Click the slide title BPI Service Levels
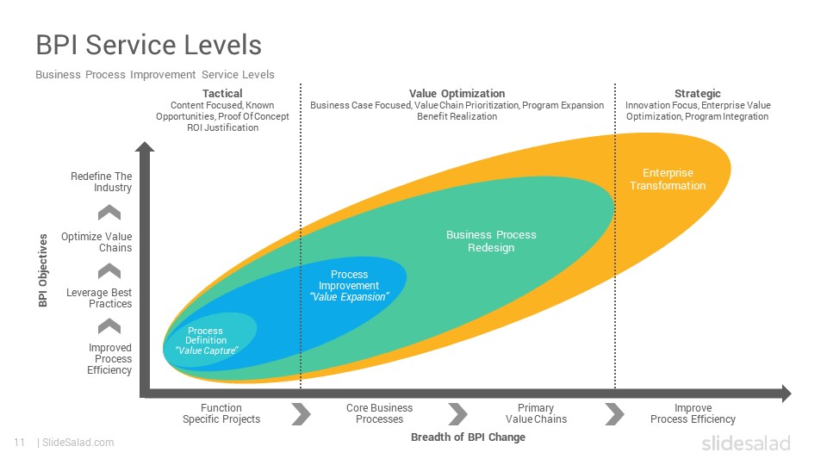[x=149, y=45]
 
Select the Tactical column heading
[x=222, y=93]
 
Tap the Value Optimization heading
[x=457, y=93]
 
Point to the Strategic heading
[x=697, y=93]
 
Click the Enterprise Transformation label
[x=667, y=179]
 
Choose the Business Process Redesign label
[x=491, y=241]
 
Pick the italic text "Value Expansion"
[x=349, y=297]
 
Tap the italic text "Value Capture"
[x=206, y=350]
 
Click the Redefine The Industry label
[x=102, y=182]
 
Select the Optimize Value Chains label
[x=96, y=242]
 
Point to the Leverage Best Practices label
[x=99, y=298]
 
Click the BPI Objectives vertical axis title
[x=43, y=270]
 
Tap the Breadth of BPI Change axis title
[x=468, y=437]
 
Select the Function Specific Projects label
[x=221, y=413]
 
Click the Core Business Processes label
[x=379, y=413]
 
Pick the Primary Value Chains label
[x=536, y=413]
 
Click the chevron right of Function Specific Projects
[x=302, y=414]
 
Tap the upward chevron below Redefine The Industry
[x=109, y=213]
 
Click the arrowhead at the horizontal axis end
[x=787, y=394]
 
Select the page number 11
[x=20, y=443]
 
